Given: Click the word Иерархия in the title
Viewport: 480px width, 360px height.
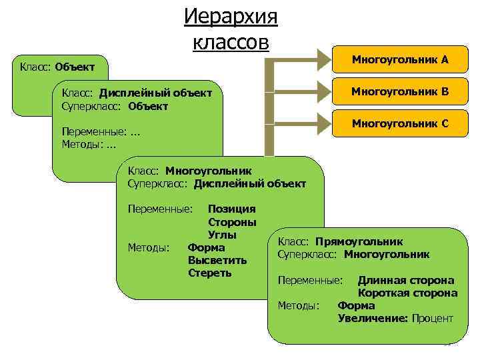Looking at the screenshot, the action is pyautogui.click(x=231, y=16).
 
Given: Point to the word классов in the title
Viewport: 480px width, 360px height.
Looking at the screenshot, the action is pyautogui.click(x=231, y=42).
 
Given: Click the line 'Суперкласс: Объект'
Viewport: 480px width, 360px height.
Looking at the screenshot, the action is pyautogui.click(x=115, y=106).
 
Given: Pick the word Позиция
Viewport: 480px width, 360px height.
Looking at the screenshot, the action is pyautogui.click(x=231, y=209).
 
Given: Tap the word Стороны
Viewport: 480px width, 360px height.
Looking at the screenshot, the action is pyautogui.click(x=232, y=222).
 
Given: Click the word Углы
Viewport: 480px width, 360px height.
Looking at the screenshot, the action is pyautogui.click(x=223, y=235).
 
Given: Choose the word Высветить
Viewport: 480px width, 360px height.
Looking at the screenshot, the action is pyautogui.click(x=217, y=260).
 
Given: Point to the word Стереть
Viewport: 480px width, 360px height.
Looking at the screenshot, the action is pyautogui.click(x=210, y=273).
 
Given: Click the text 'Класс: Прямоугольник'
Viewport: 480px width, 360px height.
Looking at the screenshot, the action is pyautogui.click(x=340, y=242).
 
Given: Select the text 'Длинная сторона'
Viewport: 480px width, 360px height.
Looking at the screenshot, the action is pyautogui.click(x=406, y=281).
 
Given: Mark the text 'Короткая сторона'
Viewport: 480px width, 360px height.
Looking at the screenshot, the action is pyautogui.click(x=407, y=293).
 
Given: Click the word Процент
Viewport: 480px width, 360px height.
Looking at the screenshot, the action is pyautogui.click(x=432, y=318).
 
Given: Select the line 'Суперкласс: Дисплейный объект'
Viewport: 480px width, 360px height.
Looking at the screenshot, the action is pyautogui.click(x=217, y=183).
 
